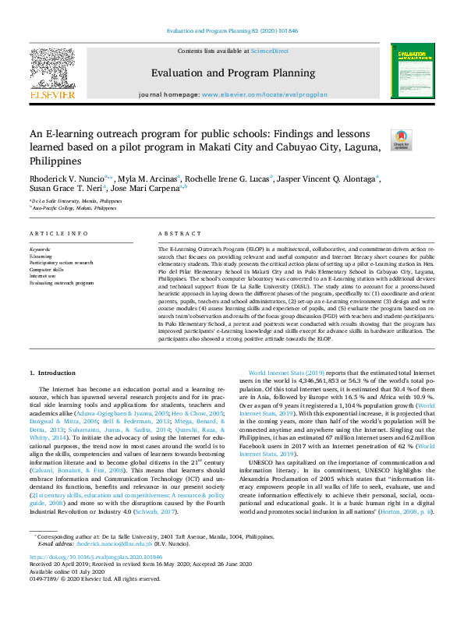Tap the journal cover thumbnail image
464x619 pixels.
(413, 73)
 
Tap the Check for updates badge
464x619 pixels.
(402, 140)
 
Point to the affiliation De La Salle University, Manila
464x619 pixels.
(77, 201)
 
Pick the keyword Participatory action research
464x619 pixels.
(62, 263)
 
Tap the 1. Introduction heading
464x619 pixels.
(52, 374)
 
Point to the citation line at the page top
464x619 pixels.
(232, 31)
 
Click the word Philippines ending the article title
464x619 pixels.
(56, 161)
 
